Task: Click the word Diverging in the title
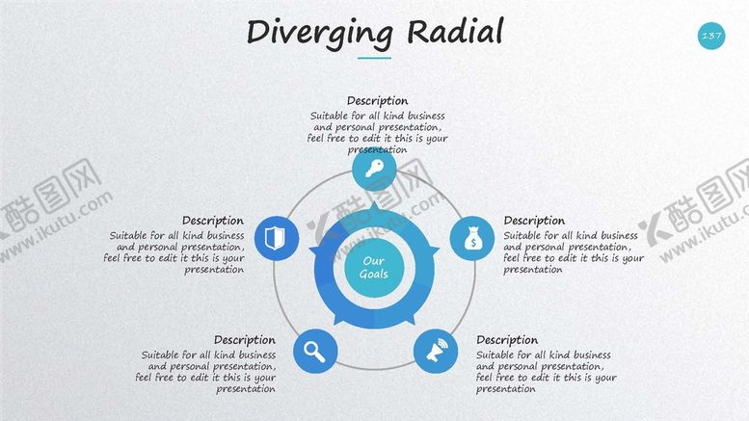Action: [x=319, y=32]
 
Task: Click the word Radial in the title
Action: [x=454, y=32]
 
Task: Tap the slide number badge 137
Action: [x=711, y=37]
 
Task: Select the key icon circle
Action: [x=374, y=169]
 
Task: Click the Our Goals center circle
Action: [x=373, y=268]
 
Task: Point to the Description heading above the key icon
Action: [x=377, y=101]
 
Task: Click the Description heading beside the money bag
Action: [x=534, y=221]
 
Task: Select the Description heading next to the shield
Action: [x=213, y=221]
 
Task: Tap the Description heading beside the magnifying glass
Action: [x=245, y=340]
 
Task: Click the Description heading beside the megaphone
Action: [x=507, y=340]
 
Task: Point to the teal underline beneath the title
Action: [x=374, y=58]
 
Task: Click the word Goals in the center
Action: [x=373, y=275]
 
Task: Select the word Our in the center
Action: [x=373, y=261]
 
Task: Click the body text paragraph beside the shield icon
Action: [x=176, y=252]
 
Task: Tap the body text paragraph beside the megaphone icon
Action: [x=546, y=372]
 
